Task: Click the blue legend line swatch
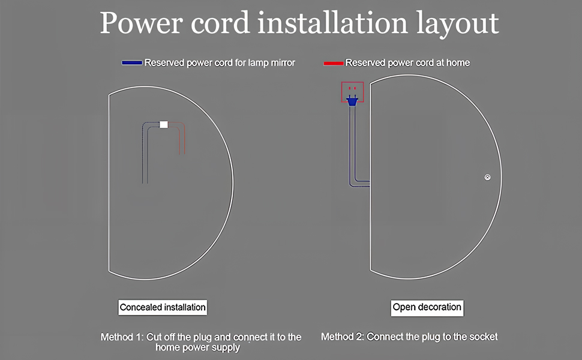(x=131, y=62)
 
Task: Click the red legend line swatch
(x=333, y=62)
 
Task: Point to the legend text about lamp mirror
(x=220, y=62)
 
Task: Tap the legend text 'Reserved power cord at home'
(x=407, y=62)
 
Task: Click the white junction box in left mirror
(x=164, y=124)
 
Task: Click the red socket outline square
(x=353, y=92)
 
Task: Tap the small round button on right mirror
(x=488, y=177)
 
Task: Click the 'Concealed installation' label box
(x=163, y=307)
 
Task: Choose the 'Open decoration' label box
(x=427, y=307)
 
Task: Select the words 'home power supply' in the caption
(x=197, y=347)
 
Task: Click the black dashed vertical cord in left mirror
(x=143, y=156)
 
